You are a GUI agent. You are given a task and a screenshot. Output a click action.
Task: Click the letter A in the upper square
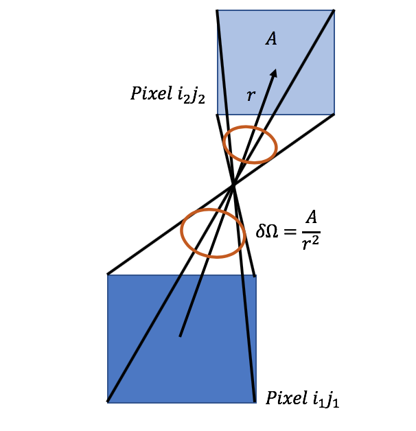(272, 39)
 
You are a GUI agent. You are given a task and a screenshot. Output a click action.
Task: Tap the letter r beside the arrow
(251, 95)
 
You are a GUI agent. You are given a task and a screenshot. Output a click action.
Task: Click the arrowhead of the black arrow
(275, 73)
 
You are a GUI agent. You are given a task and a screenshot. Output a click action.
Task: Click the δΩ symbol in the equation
(268, 231)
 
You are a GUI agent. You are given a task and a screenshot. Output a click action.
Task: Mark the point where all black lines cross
(234, 184)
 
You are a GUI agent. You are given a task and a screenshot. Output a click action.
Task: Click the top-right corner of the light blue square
(334, 10)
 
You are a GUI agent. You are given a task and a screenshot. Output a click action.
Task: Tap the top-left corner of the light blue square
(217, 10)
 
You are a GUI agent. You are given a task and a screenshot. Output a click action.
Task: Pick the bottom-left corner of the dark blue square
(108, 401)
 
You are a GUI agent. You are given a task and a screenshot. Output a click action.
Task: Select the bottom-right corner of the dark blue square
(256, 401)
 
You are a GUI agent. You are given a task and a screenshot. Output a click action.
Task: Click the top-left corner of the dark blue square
(108, 275)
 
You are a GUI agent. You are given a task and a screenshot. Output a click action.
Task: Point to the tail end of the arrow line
(180, 336)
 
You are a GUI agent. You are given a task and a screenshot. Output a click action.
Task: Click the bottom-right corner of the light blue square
(334, 114)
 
